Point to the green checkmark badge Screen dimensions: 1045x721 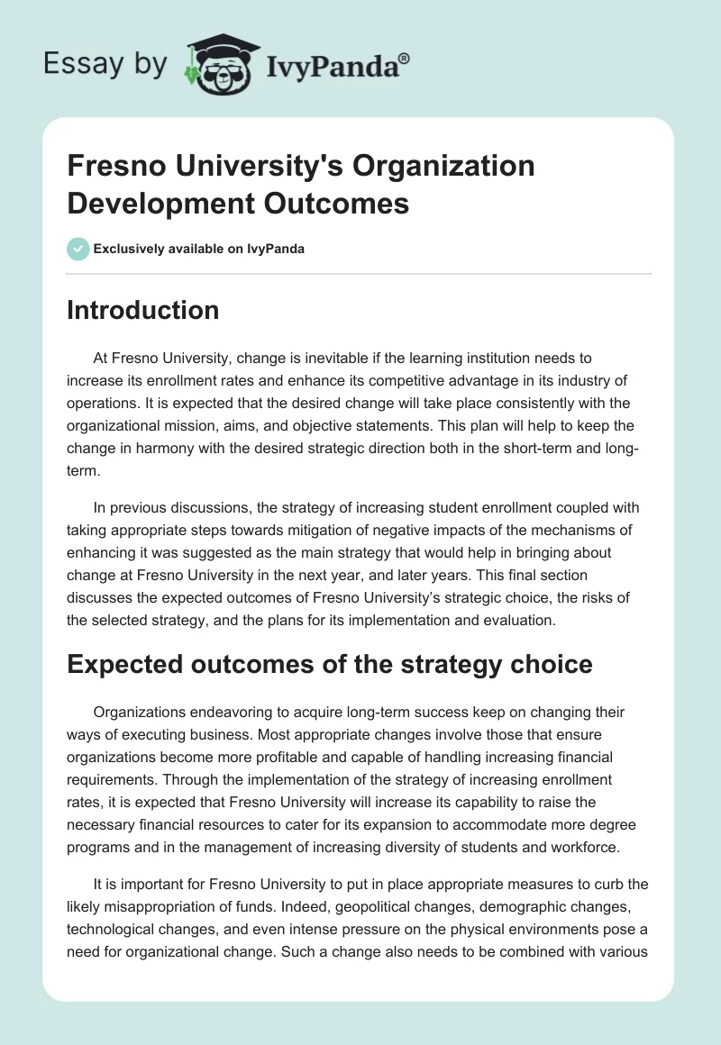pyautogui.click(x=78, y=249)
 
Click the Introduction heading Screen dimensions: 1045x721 pyautogui.click(x=143, y=310)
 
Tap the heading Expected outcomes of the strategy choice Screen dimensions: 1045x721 pyautogui.click(x=330, y=664)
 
